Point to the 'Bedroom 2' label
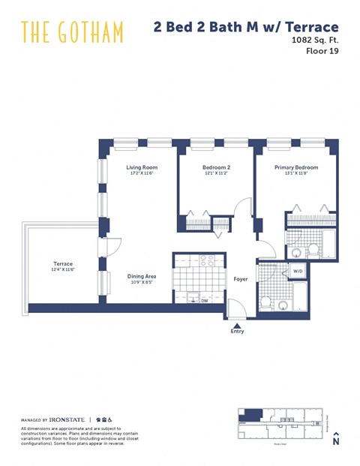point(216,167)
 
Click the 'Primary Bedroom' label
point(295,167)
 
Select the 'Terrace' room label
point(62,263)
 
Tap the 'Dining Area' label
point(140,275)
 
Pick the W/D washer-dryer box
point(298,271)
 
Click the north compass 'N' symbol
point(337,440)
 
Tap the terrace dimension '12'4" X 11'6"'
point(62,270)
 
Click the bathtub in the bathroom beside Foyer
point(298,296)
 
